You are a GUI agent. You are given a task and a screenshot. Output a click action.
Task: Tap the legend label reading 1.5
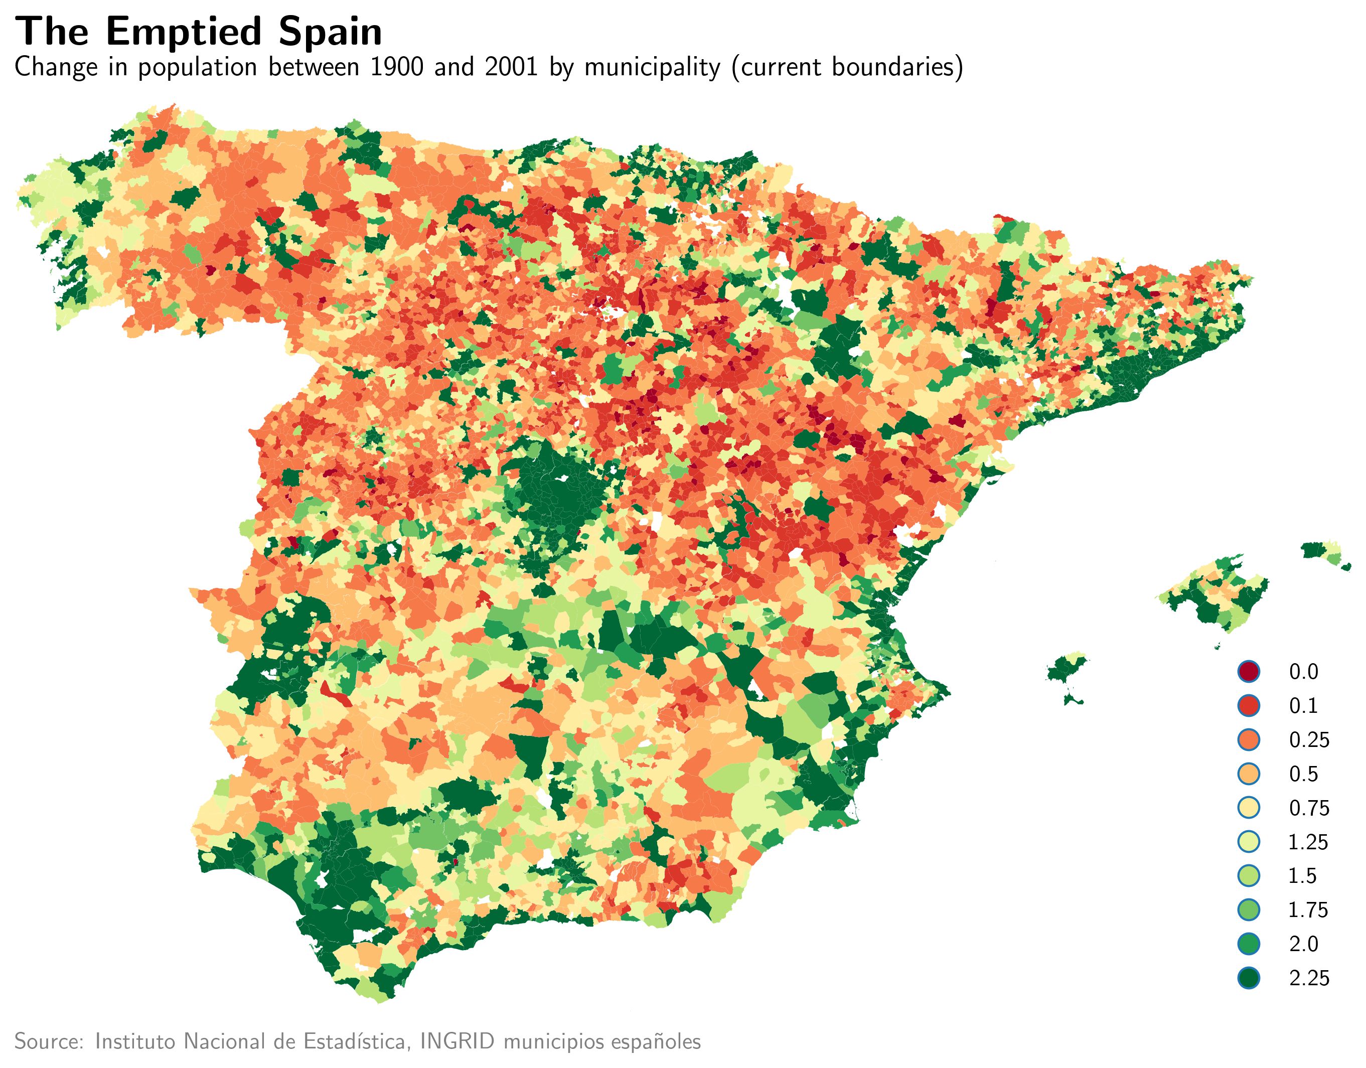click(1303, 875)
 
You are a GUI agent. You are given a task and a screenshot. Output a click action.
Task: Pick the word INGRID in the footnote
click(459, 1041)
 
